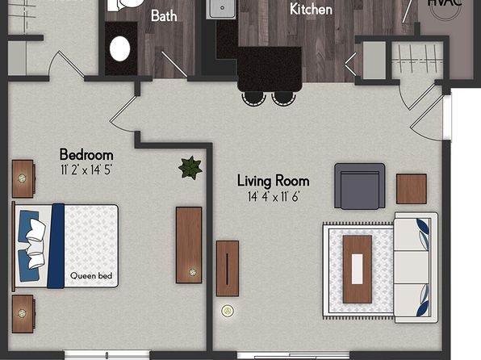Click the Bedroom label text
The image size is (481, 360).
[86, 155]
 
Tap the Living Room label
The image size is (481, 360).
[273, 181]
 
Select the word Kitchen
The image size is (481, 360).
[311, 9]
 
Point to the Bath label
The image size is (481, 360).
[164, 15]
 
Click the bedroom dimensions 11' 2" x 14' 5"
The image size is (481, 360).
[86, 170]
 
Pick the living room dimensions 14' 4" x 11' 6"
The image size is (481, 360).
[274, 197]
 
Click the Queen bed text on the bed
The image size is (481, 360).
[91, 275]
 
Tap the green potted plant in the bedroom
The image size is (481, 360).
[190, 168]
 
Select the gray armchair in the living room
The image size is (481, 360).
[359, 186]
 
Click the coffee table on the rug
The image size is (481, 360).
[358, 269]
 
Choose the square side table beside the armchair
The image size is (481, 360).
[412, 189]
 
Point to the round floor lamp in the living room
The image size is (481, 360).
[228, 311]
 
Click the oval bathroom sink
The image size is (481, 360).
[119, 48]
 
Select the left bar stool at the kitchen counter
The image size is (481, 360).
[253, 98]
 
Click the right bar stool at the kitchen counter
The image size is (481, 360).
[283, 98]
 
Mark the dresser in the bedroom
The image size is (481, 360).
[189, 245]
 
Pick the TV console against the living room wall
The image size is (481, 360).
[228, 269]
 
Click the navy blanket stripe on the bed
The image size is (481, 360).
[56, 246]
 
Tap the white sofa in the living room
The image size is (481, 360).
[416, 267]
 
